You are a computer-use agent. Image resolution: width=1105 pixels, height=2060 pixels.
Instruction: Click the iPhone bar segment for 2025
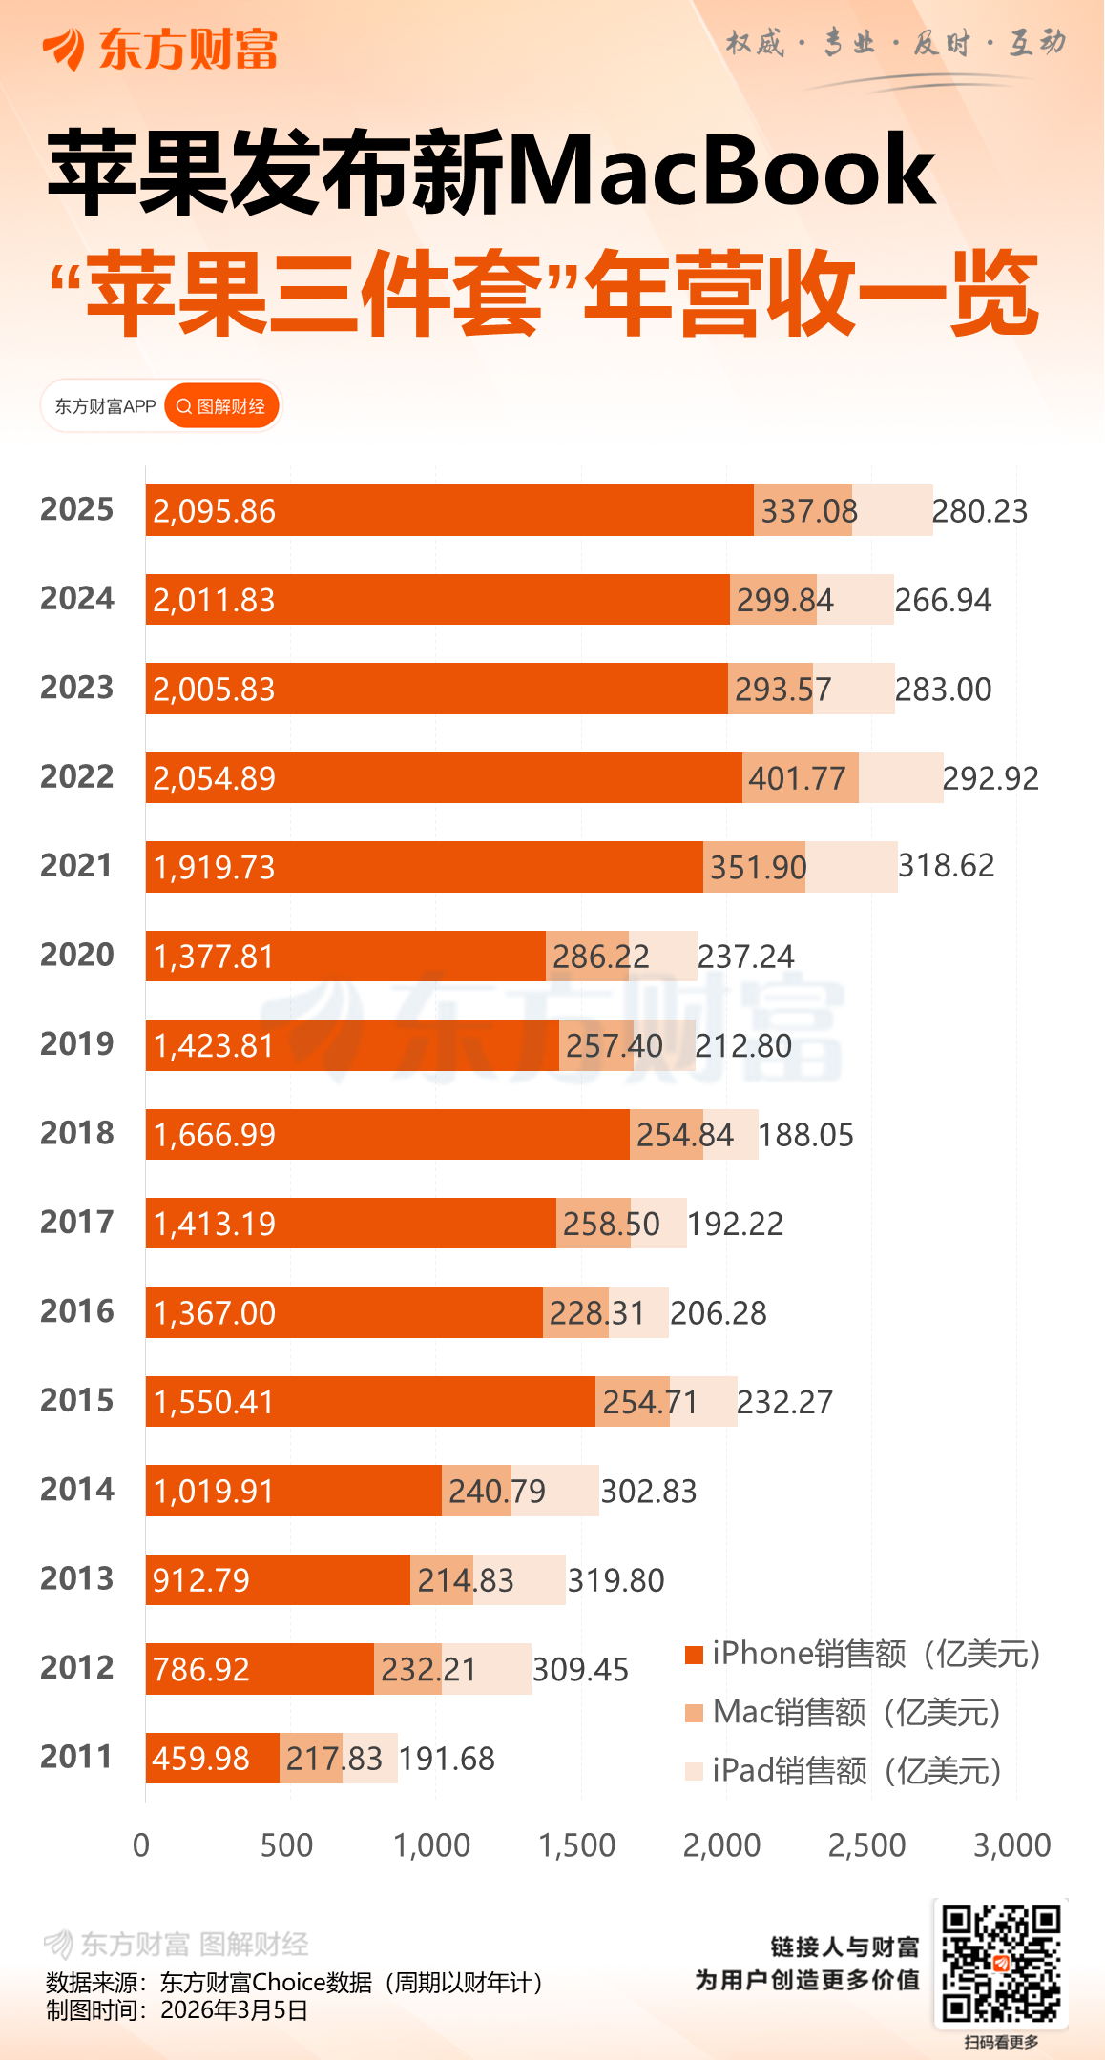[448, 510]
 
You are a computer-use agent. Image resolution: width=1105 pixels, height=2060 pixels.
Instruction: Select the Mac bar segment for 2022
[800, 778]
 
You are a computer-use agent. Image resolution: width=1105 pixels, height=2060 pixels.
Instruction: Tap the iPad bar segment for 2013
[519, 1579]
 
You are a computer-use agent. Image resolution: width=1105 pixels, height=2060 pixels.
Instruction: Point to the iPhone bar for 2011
[212, 1758]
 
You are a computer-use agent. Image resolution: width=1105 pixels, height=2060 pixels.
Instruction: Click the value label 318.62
[946, 866]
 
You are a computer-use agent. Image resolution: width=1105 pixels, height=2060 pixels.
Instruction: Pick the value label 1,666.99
[215, 1135]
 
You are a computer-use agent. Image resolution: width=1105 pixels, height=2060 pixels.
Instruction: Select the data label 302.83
[649, 1492]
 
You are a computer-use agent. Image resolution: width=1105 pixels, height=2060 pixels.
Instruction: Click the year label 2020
[77, 955]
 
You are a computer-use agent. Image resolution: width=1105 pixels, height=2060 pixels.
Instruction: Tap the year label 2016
[77, 1311]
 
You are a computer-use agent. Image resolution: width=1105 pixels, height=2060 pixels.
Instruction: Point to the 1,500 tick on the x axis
[577, 1846]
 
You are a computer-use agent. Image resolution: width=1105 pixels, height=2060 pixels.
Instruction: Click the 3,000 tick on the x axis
[1012, 1846]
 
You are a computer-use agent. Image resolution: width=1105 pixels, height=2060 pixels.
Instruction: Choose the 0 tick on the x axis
[141, 1846]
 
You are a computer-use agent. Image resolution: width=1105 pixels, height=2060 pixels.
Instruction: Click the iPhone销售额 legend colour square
[694, 1655]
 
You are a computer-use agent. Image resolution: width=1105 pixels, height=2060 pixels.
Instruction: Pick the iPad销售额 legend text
[857, 1771]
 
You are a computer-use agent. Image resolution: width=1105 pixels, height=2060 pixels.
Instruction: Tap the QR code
[1001, 1963]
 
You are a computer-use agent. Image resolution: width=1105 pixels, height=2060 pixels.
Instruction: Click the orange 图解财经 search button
[222, 406]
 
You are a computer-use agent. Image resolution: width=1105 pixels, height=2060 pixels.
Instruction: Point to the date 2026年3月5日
[234, 2011]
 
